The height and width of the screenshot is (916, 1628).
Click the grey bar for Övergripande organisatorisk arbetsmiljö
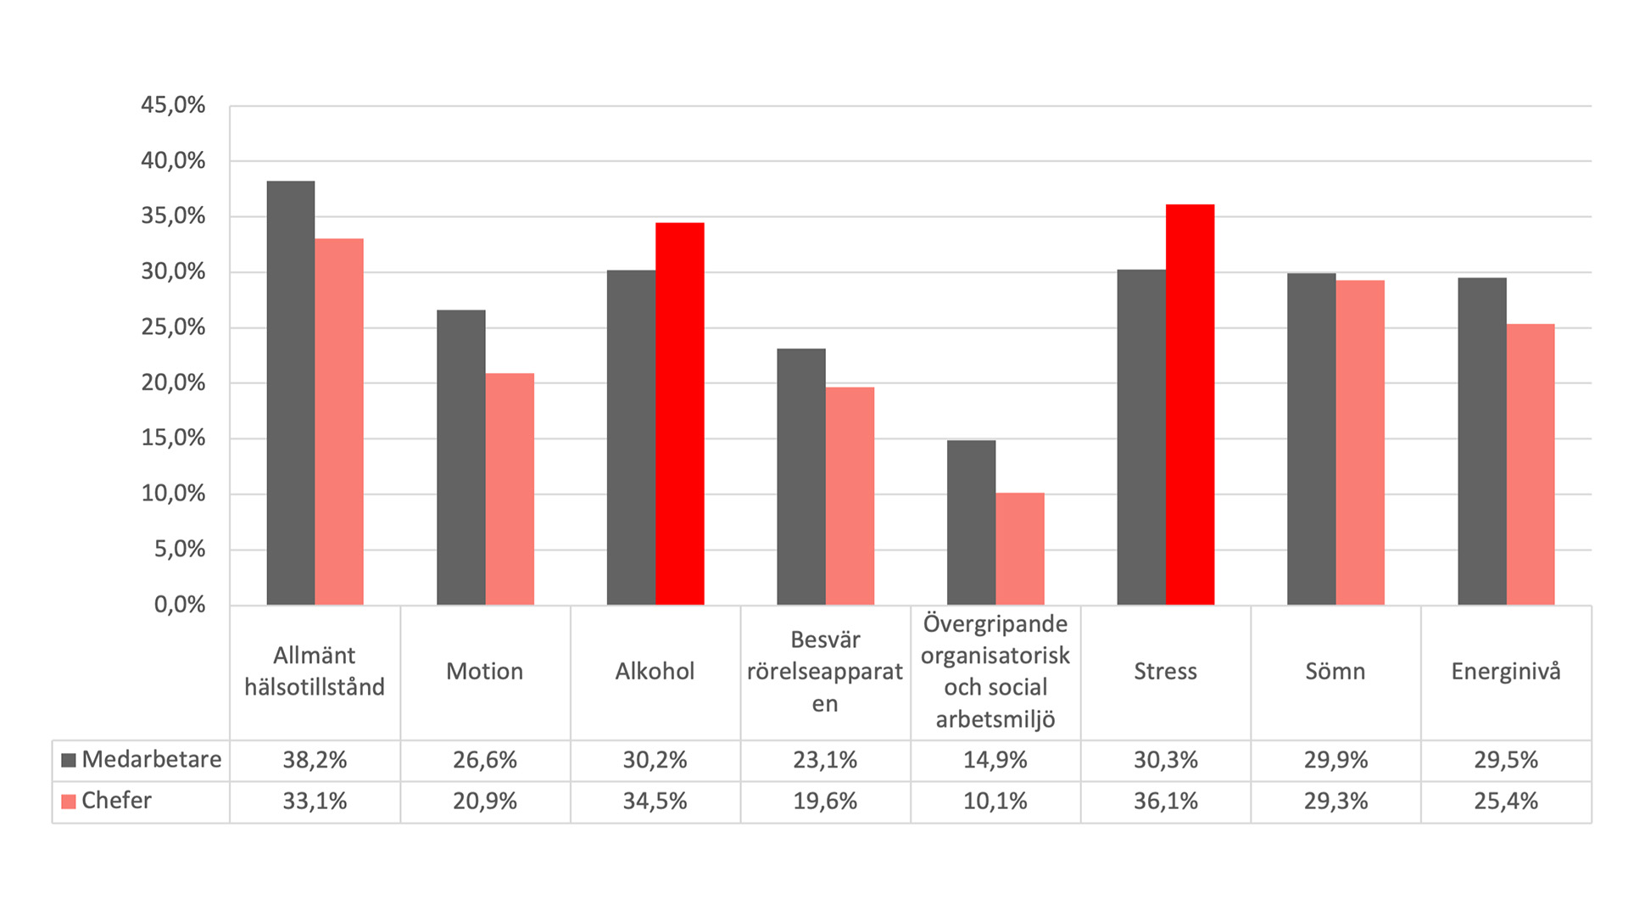coord(971,522)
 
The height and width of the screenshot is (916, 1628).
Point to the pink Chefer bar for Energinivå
coord(1530,464)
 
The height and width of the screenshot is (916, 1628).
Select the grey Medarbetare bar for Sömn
coord(1311,438)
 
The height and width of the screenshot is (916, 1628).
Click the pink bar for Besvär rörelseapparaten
coord(850,496)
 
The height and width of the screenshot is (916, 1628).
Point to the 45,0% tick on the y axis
coord(173,105)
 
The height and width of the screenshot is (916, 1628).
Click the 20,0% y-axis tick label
coord(173,383)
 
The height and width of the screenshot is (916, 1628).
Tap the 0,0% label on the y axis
coord(179,605)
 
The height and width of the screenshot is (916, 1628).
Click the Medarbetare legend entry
coord(142,759)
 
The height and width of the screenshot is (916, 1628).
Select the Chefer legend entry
coord(107,801)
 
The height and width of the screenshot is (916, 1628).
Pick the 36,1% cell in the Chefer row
coord(1165,801)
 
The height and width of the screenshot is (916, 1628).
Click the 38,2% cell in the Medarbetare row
coord(315,760)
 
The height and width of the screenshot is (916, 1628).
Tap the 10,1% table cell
coord(995,801)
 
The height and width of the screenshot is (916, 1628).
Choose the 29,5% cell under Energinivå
coord(1505,760)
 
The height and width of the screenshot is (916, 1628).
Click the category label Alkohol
coord(655,672)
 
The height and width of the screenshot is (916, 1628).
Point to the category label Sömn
coord(1335,672)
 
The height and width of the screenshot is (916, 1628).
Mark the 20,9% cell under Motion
coord(484,801)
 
